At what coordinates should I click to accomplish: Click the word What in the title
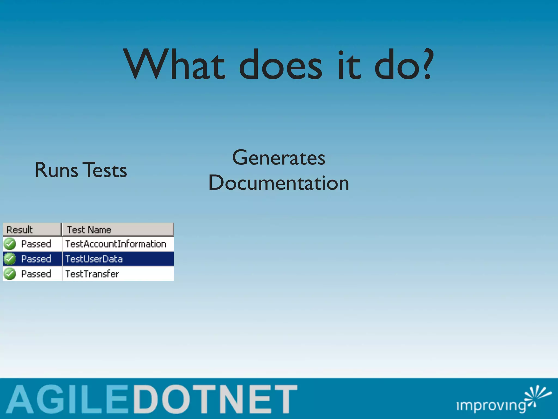click(x=174, y=65)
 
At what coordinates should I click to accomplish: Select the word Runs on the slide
click(x=56, y=170)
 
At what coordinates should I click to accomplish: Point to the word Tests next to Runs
click(x=105, y=170)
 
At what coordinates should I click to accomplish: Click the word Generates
click(x=278, y=158)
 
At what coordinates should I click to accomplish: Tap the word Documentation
click(x=278, y=183)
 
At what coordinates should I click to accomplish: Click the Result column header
click(x=20, y=230)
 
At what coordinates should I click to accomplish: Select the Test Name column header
click(x=89, y=230)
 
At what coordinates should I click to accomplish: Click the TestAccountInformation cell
click(x=116, y=244)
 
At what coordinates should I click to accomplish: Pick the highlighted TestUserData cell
click(x=94, y=259)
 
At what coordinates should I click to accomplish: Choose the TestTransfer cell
click(x=92, y=274)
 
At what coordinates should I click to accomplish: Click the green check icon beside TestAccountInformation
click(x=10, y=244)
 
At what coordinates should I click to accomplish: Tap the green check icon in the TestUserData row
click(x=10, y=259)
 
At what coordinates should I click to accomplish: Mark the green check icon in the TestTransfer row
click(x=10, y=274)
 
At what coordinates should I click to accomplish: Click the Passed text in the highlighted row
click(x=36, y=259)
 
